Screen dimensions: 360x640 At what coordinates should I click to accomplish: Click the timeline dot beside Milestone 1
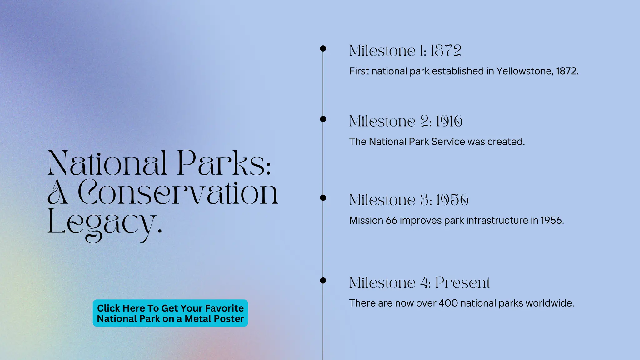click(323, 48)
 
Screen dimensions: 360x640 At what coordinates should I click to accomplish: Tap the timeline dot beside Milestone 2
click(323, 119)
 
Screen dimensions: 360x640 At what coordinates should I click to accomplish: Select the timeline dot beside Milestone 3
click(323, 198)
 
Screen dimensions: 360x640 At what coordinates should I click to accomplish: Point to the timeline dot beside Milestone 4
click(323, 281)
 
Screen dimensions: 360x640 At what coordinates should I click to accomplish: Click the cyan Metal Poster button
click(170, 313)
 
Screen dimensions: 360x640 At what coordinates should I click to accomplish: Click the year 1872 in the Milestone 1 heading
click(446, 51)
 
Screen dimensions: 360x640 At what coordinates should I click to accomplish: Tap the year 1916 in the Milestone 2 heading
click(449, 121)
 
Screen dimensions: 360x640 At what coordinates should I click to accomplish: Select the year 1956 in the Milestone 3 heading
click(452, 200)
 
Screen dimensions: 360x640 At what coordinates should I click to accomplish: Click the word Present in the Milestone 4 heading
click(462, 283)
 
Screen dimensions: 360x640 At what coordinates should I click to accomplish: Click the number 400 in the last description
click(448, 303)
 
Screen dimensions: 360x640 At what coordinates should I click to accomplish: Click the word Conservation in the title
click(178, 193)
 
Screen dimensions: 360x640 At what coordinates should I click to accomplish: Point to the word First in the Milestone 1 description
click(359, 71)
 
